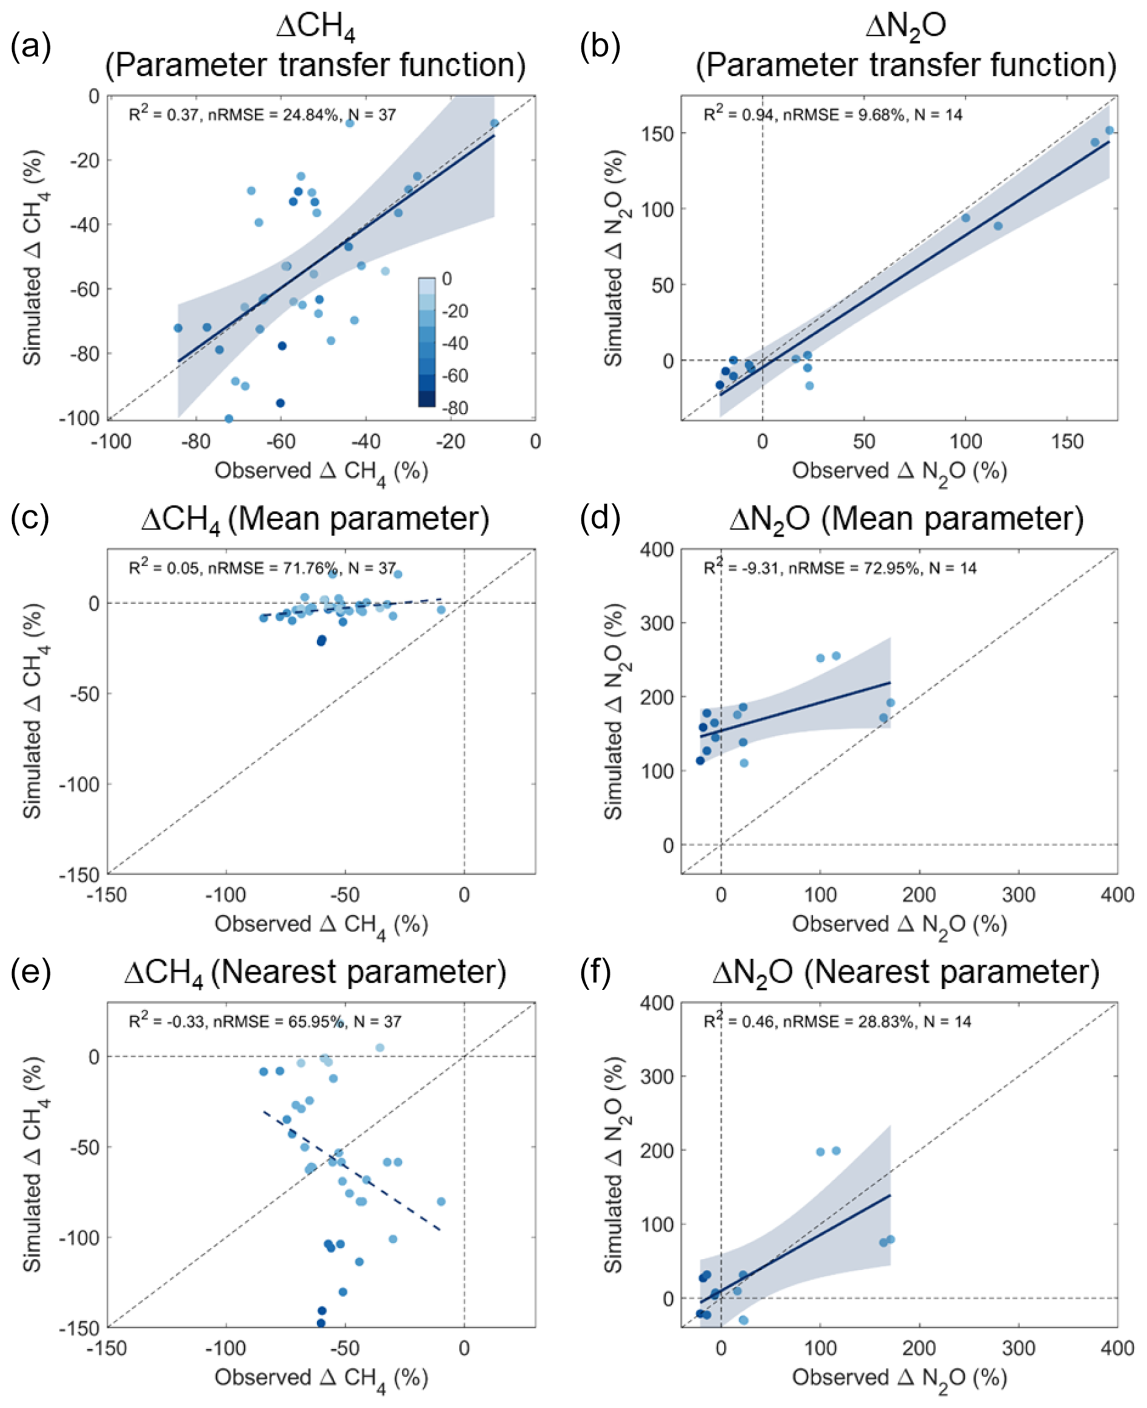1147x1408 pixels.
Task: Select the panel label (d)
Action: pos(600,518)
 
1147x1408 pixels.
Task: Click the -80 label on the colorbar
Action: pos(455,407)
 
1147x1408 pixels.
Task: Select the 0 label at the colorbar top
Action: pos(447,279)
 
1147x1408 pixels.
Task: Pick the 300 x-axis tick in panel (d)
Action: pos(1018,895)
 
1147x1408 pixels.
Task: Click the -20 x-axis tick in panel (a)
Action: pos(450,441)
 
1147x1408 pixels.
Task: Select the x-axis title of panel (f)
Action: pos(899,1379)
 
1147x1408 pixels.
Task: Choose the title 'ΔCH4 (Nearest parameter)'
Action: pos(315,973)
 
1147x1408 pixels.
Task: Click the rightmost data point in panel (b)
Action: pos(1109,131)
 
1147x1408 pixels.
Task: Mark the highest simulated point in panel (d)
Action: pos(836,656)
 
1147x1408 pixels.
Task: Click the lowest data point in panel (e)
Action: pos(321,1323)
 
